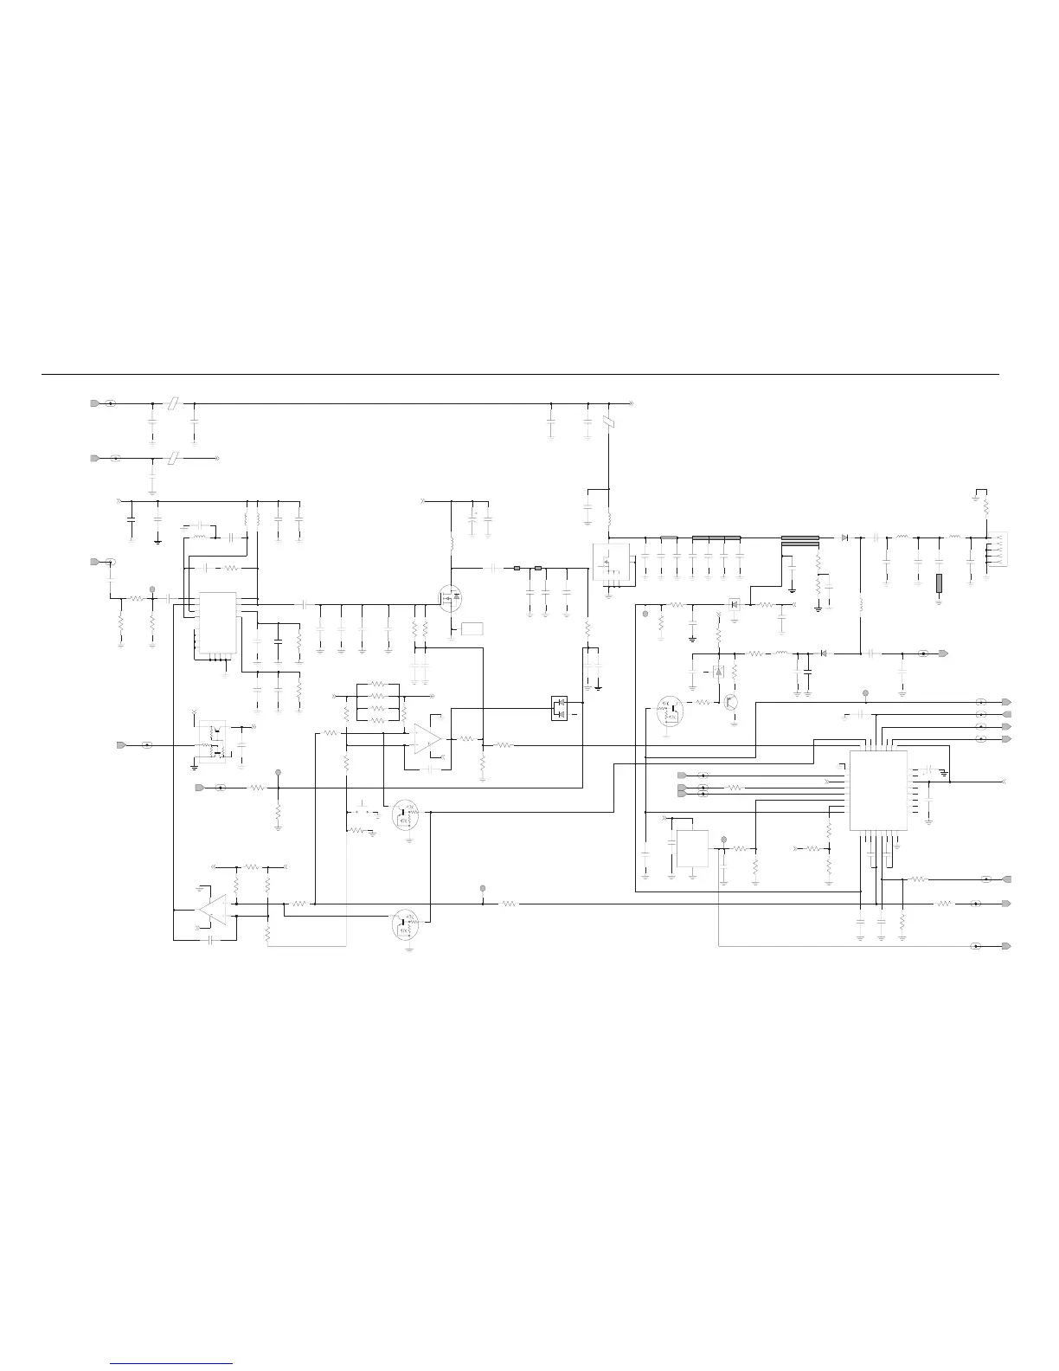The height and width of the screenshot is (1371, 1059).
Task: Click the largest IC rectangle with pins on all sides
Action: (878, 789)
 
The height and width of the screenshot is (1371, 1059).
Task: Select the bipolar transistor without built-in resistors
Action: (732, 703)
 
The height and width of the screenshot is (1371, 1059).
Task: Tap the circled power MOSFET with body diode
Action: (451, 598)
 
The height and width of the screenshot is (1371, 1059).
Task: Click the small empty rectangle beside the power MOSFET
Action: (472, 629)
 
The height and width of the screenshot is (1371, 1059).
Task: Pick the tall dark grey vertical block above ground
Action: (939, 583)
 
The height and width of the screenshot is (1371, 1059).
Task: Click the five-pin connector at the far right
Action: (997, 549)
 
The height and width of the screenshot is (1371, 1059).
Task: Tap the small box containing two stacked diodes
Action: (559, 708)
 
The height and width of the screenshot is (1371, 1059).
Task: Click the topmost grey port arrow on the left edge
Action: (94, 404)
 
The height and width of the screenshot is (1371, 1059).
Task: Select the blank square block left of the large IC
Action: (692, 849)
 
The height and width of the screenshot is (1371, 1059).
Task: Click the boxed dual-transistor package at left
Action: (213, 741)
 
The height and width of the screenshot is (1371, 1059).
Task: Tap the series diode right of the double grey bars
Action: (844, 537)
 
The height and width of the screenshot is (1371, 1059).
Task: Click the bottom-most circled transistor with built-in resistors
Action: (406, 924)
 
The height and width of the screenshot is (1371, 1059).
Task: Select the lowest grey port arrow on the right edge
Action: (1006, 946)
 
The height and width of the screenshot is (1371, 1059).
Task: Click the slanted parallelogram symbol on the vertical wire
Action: (610, 423)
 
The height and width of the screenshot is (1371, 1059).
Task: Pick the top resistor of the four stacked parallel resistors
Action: (376, 684)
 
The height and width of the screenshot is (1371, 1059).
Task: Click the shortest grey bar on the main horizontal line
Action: (669, 537)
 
